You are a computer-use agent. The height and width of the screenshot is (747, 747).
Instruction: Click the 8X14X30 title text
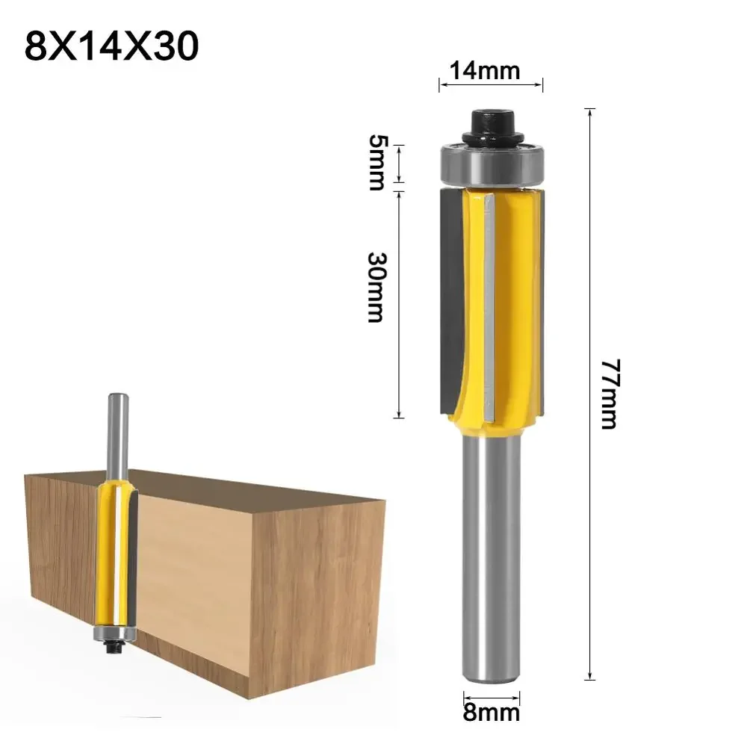(112, 46)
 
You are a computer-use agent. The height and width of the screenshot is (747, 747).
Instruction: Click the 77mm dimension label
(610, 394)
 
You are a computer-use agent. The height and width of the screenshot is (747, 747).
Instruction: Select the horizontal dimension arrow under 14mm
(490, 86)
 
